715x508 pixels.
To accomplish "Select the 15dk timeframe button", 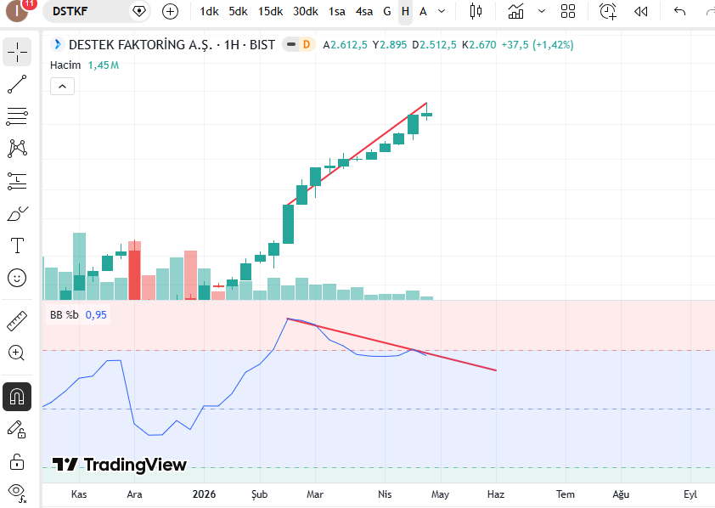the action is [270, 11].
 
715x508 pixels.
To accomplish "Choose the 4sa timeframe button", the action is [364, 11].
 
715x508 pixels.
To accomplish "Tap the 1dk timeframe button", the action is [209, 11].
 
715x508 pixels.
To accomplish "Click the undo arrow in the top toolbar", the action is [679, 11].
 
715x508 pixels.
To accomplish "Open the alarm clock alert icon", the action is [608, 11].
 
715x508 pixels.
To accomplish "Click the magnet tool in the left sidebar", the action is [17, 397].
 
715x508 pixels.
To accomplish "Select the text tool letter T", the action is [17, 246].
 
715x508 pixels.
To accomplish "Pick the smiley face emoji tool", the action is [17, 278].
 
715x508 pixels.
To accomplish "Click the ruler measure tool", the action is [17, 321].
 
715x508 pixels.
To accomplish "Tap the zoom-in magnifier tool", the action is [16, 353].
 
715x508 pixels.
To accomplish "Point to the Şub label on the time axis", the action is [260, 494].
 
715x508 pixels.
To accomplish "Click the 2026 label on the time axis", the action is [204, 494].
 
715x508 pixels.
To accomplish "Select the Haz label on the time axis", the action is [496, 494].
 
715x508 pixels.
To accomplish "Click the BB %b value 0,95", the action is [96, 314].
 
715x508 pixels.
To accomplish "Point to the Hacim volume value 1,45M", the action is [104, 65].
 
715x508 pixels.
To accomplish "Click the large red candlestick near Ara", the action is [134, 270].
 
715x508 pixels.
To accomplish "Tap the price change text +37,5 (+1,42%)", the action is [538, 45].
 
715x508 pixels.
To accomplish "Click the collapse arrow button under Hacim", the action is [63, 86].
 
